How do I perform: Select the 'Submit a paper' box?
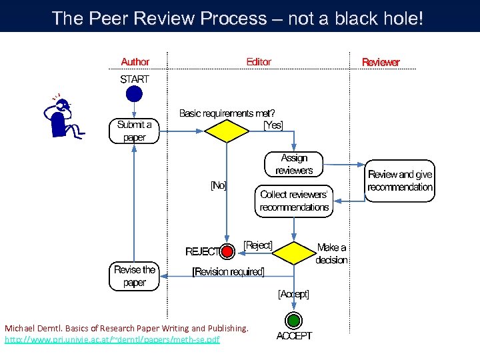[135, 131]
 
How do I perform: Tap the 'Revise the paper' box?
[135, 276]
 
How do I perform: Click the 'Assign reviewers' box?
[294, 164]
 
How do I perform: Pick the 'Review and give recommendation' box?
[400, 181]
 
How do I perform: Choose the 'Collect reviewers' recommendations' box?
[294, 201]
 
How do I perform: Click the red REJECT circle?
[228, 251]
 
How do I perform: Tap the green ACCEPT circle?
[294, 320]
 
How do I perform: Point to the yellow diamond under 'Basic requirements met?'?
[227, 131]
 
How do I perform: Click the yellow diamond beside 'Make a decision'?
[294, 253]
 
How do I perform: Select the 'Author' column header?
[135, 62]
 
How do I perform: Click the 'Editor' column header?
[259, 62]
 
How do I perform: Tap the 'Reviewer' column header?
[381, 63]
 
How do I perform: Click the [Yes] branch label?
[273, 125]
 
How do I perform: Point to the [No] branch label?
[218, 186]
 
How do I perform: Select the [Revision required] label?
[228, 272]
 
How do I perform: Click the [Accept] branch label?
[293, 293]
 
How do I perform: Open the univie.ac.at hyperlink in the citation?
[112, 340]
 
